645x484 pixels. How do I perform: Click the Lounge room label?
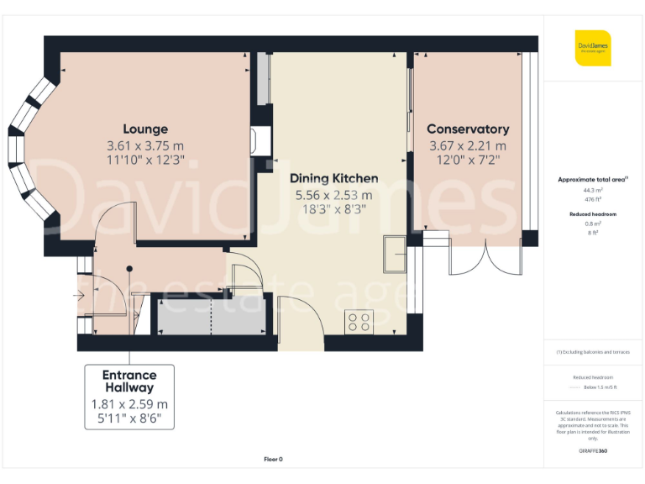click(x=145, y=129)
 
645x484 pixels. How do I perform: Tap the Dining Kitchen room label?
click(x=333, y=178)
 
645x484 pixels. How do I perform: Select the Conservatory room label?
click(x=468, y=129)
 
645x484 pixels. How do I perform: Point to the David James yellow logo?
click(x=593, y=48)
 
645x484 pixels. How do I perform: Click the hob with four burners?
click(x=359, y=322)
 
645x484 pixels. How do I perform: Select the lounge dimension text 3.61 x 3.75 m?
click(x=145, y=145)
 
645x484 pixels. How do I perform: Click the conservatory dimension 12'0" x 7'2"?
click(x=468, y=160)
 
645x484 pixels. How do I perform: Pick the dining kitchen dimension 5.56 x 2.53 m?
click(x=333, y=195)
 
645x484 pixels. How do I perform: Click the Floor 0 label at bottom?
click(x=274, y=459)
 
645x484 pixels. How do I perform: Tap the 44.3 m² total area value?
click(x=594, y=191)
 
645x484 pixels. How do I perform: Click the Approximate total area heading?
click(x=593, y=180)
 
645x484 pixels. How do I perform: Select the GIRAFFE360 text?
click(x=593, y=451)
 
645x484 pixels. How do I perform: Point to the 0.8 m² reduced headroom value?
click(x=594, y=224)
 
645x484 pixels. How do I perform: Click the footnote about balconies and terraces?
click(x=593, y=352)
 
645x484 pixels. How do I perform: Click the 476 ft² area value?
click(x=594, y=199)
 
